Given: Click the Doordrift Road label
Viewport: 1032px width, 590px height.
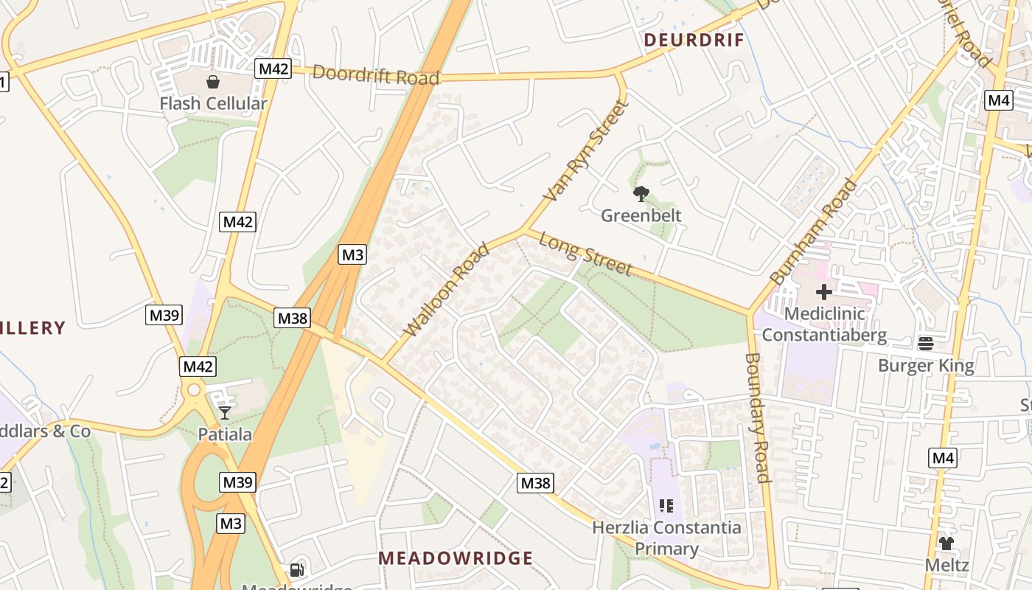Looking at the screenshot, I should point(376,74).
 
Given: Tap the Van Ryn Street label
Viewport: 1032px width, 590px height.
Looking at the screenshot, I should point(587,151).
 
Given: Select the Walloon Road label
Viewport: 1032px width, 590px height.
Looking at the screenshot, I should point(447,289).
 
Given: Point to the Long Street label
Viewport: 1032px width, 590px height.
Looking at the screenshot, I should point(585,253).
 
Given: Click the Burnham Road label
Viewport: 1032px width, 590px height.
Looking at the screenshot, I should point(815,232).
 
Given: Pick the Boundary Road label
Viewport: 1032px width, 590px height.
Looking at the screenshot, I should point(757,417).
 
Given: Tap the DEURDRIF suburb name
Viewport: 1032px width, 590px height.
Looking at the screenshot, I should point(694,40).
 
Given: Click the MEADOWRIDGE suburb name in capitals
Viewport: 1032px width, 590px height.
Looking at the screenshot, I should point(456,558).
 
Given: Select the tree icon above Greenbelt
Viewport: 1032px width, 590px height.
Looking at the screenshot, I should point(641,194).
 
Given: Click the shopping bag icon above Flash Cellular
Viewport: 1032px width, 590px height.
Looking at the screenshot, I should point(213,82).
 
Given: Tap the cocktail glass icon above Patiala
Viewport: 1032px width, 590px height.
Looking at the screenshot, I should point(225,413).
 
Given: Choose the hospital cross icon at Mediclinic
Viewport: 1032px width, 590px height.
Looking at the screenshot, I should point(823,292).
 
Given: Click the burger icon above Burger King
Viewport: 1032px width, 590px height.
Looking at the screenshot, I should point(926,344).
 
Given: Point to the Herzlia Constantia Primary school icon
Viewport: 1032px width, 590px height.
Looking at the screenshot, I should point(666,506).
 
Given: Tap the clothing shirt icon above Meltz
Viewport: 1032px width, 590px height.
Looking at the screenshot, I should point(946,544).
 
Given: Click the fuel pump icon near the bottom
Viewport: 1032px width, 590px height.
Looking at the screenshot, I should point(296,569).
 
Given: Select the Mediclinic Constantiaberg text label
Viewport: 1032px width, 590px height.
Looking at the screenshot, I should point(824,324).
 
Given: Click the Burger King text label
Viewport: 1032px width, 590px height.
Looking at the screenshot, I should point(926,366).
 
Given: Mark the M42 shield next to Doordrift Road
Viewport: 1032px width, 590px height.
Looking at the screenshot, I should point(273,69).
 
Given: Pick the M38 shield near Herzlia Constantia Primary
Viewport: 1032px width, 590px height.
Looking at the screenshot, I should point(535,483).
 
